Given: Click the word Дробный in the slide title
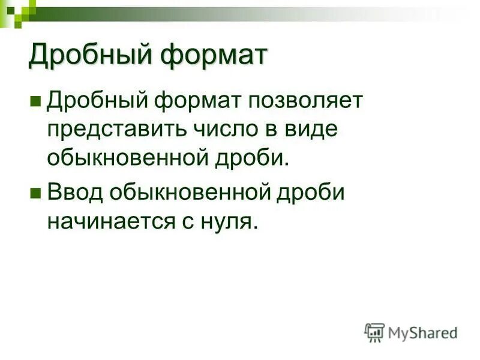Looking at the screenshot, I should [88, 56].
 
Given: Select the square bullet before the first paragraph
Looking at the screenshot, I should [35, 100].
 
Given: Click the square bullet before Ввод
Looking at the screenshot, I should [35, 193].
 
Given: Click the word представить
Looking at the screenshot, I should [116, 128].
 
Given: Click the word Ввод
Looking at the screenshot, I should [73, 193].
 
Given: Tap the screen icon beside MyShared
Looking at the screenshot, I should [375, 332].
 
